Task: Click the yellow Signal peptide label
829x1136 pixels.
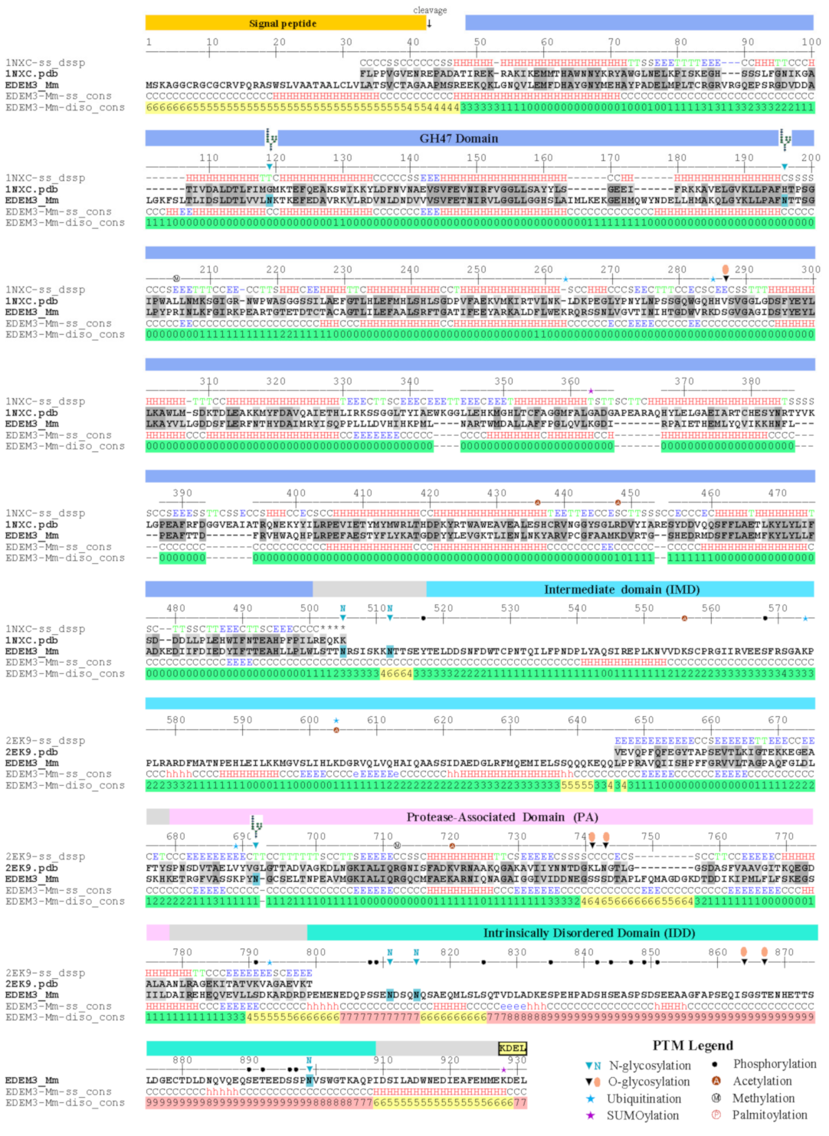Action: (x=282, y=24)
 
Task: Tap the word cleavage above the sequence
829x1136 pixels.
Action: (x=430, y=10)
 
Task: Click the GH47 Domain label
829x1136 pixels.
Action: (x=458, y=139)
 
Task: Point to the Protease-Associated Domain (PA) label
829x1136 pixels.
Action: (x=502, y=817)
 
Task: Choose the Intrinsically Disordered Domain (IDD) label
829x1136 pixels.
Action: (x=588, y=932)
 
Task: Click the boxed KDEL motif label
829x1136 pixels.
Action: (x=513, y=1048)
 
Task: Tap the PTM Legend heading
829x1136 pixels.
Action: (x=693, y=1046)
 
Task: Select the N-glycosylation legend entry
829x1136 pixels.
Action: (x=649, y=1066)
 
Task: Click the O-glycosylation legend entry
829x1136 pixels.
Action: (x=649, y=1082)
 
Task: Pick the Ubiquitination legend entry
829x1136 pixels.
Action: (x=644, y=1098)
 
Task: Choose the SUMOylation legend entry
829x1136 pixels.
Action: (x=642, y=1115)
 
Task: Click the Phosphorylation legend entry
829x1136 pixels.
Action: (x=774, y=1064)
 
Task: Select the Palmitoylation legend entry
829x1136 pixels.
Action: (x=768, y=1115)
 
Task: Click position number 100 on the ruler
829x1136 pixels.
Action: (x=811, y=42)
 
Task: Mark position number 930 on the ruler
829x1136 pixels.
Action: (x=517, y=1060)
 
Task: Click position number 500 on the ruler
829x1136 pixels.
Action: (x=309, y=608)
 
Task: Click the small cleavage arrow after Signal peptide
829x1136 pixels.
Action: (x=429, y=23)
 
